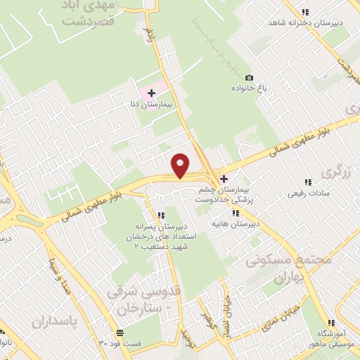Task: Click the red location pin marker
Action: tap(181, 165)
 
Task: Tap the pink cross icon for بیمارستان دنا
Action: tap(151, 92)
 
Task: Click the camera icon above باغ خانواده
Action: tap(248, 77)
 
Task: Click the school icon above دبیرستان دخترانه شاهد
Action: tap(304, 12)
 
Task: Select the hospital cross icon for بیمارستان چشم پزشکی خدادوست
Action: tap(224, 179)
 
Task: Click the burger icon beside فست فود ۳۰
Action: tap(122, 332)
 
